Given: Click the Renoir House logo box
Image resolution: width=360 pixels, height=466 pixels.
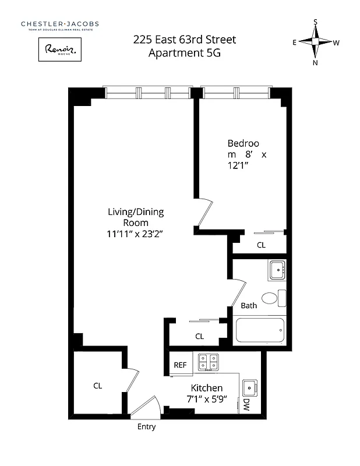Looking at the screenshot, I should coord(59,50).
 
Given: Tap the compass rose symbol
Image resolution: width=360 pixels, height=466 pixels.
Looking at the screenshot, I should coord(315,42).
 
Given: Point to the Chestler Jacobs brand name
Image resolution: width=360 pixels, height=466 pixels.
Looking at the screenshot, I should coord(60,24).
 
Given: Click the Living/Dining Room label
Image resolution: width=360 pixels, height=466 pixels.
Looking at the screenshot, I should coord(128,217).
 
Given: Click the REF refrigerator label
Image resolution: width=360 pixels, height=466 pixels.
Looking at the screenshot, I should coord(180,365).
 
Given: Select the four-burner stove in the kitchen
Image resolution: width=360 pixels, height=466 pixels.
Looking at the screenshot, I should coord(208,362).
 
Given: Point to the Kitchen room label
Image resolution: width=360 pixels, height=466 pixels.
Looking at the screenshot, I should coord(207,388).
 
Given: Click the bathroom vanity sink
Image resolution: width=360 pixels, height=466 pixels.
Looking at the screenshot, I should coord(277,270).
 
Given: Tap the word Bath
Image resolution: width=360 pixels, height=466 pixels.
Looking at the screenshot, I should coord(249,305).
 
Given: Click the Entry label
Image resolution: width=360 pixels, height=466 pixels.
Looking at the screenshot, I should coord(146,426).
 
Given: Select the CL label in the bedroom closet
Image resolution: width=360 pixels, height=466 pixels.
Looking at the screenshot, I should coord(261,245).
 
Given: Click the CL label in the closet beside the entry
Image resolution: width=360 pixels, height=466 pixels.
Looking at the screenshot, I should coord(98,385).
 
